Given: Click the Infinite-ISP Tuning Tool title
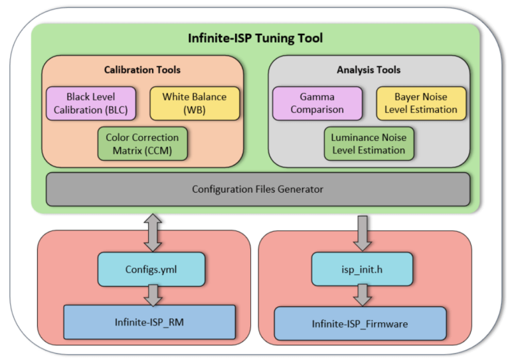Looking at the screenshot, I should pyautogui.click(x=256, y=38).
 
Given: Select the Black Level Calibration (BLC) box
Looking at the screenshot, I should pyautogui.click(x=90, y=103).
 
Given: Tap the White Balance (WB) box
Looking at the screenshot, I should pyautogui.click(x=194, y=103).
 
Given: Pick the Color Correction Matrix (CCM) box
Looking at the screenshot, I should pyautogui.click(x=142, y=143).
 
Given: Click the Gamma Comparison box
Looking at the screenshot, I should pyautogui.click(x=317, y=103).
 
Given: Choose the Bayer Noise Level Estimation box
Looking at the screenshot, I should pyautogui.click(x=421, y=103).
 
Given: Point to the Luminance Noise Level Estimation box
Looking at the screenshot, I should pyautogui.click(x=369, y=143).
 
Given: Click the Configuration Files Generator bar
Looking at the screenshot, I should pyautogui.click(x=258, y=189).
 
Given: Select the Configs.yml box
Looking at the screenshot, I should pyautogui.click(x=151, y=269).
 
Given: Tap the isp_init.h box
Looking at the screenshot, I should pyautogui.click(x=361, y=269).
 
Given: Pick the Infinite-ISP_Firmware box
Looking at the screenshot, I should pyautogui.click(x=360, y=323).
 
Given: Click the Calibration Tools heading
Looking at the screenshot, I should pyautogui.click(x=142, y=70).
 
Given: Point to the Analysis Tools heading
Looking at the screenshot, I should pyautogui.click(x=369, y=70).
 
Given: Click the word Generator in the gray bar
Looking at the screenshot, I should pyautogui.click(x=299, y=189).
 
